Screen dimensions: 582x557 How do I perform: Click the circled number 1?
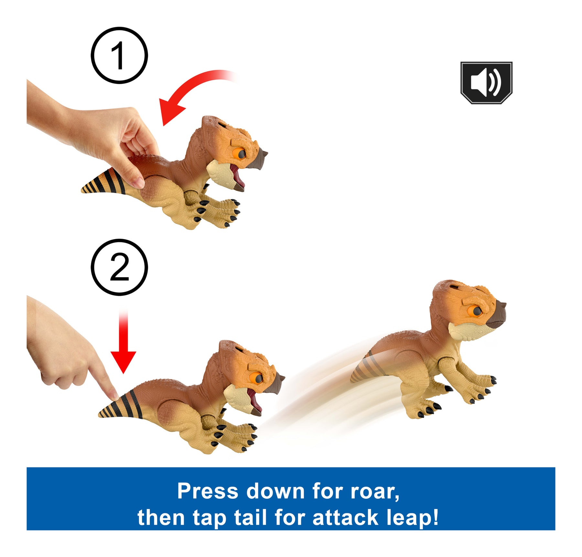119,56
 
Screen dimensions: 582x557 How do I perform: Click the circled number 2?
119,267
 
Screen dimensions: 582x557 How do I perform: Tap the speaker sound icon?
486,83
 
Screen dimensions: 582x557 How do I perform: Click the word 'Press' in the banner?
208,491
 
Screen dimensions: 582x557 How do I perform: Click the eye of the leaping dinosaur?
477,311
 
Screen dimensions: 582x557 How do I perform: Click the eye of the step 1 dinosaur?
240,154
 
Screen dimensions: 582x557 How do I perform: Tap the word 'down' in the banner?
275,491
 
